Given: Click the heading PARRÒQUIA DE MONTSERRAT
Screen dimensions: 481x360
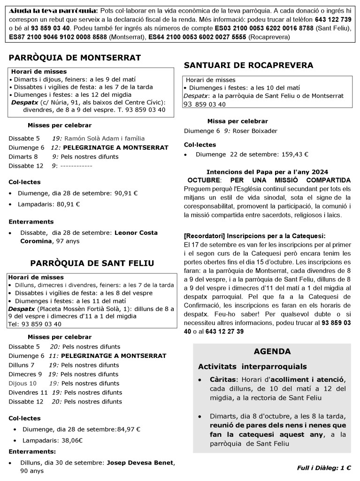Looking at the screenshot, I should [x=75, y=58].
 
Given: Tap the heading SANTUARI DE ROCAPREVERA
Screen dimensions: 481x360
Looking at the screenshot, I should [x=248, y=65].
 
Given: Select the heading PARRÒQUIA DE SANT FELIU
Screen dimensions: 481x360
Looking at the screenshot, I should [x=92, y=263].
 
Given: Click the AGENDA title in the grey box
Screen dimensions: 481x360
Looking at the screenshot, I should [x=272, y=351].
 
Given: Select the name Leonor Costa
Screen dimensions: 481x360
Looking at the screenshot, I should [x=136, y=233].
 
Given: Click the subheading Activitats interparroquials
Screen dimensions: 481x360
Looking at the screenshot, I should [x=252, y=366].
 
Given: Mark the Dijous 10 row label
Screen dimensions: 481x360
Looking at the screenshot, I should [x=22, y=383].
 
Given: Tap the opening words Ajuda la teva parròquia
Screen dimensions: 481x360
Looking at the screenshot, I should [x=54, y=10].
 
